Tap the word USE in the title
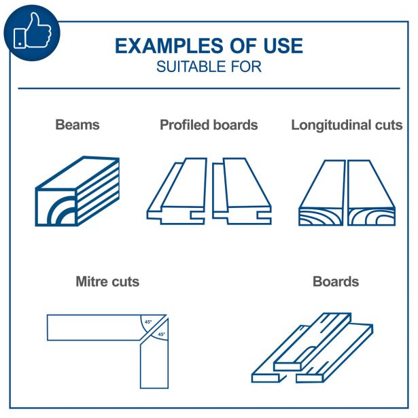(x=283, y=46)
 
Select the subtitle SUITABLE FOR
(x=209, y=67)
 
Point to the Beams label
(x=77, y=125)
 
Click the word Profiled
(x=184, y=125)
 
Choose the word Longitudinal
(x=331, y=125)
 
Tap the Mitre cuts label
(x=107, y=281)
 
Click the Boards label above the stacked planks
(x=336, y=281)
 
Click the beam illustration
(x=77, y=191)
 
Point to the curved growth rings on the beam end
(x=62, y=211)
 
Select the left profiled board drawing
(x=177, y=191)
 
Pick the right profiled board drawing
(x=242, y=191)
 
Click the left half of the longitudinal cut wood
(x=321, y=193)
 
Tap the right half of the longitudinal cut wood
(x=371, y=193)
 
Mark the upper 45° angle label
(x=148, y=322)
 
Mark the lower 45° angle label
(x=162, y=334)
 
